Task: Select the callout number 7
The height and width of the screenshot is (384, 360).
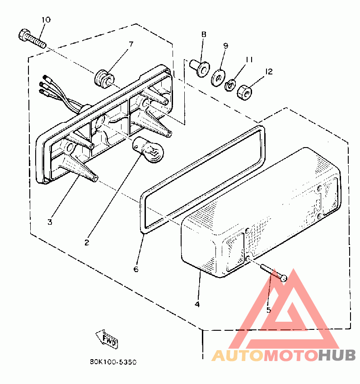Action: pos(131,44)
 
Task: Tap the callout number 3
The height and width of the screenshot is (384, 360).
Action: pos(50,222)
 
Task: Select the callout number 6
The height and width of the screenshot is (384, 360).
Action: pos(136,269)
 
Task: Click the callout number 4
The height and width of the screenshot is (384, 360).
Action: pos(197,304)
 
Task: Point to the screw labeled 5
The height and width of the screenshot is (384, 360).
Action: pos(273,274)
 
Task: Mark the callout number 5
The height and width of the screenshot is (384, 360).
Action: pos(268,310)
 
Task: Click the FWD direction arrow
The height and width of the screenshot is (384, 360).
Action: pos(107,338)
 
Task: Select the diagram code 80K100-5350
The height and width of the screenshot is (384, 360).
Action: pos(113,362)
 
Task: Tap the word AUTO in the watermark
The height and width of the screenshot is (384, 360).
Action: pos(238,356)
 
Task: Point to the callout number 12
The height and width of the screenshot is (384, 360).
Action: pos(269,71)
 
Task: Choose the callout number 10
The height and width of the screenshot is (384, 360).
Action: pos(46,19)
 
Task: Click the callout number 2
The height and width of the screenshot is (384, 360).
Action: pos(86,242)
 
